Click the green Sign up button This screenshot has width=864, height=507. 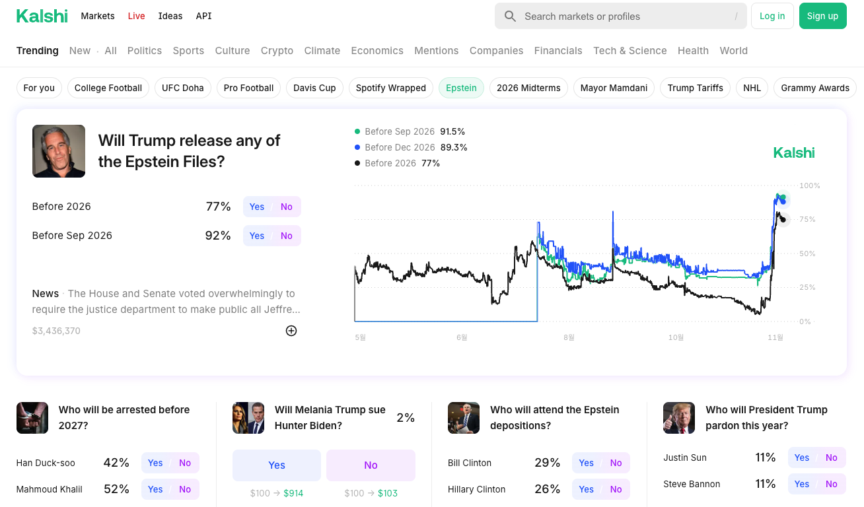(x=822, y=16)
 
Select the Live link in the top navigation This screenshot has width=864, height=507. (x=136, y=16)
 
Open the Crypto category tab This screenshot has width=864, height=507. (x=277, y=51)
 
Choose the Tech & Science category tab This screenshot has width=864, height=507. (x=630, y=51)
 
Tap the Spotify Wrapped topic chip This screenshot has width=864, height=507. (x=390, y=88)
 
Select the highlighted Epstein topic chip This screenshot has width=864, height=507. (x=461, y=88)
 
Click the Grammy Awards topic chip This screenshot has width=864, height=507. (x=814, y=88)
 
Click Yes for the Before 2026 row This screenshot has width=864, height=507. (x=257, y=207)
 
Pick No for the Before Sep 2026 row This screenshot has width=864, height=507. (x=286, y=236)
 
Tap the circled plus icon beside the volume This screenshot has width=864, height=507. (x=291, y=331)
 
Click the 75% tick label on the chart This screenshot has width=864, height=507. (x=807, y=219)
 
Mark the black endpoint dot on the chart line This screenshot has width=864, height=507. (x=783, y=219)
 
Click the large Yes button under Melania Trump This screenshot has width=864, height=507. (x=276, y=465)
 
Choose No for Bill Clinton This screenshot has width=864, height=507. (x=616, y=463)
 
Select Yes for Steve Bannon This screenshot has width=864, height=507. (x=802, y=484)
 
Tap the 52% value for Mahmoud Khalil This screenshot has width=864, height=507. (x=116, y=489)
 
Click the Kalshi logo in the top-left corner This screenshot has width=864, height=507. (x=42, y=16)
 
